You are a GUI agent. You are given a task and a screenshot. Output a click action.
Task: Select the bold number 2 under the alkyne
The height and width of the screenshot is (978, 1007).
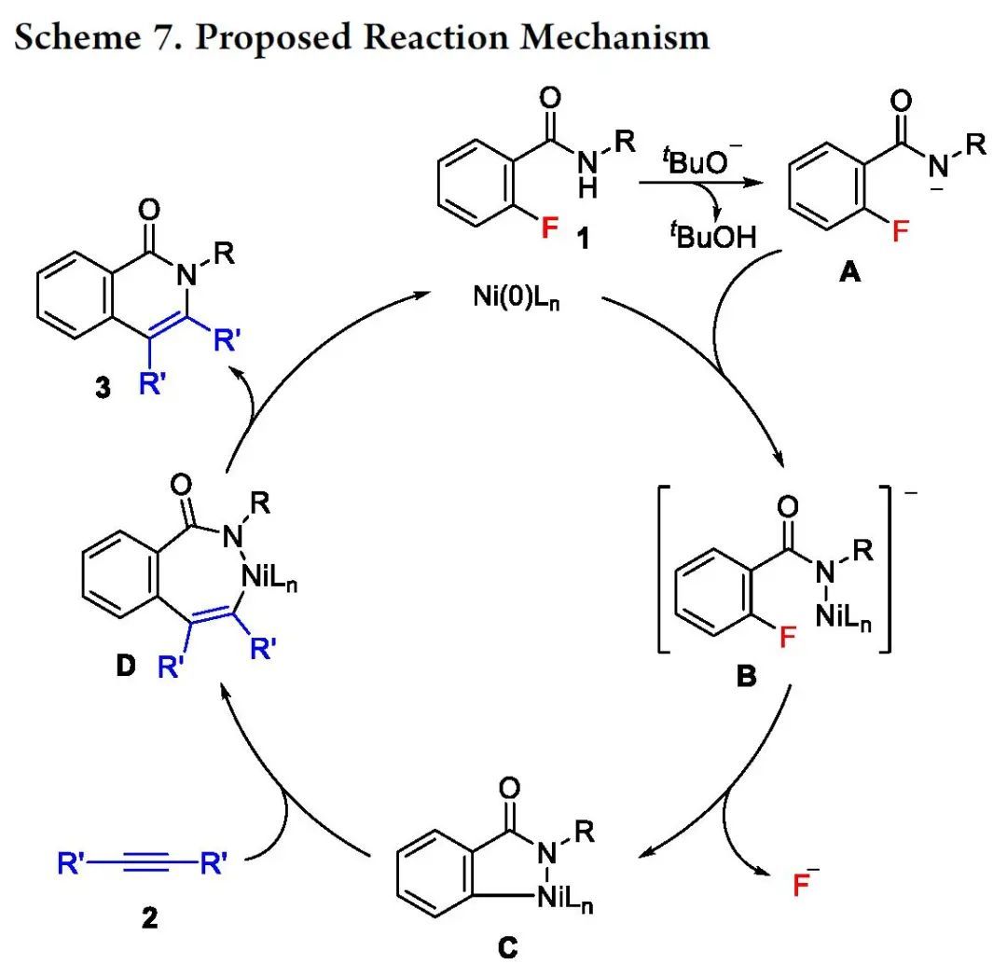(150, 919)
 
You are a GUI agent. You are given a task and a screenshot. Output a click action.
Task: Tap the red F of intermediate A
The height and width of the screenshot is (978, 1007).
(900, 229)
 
